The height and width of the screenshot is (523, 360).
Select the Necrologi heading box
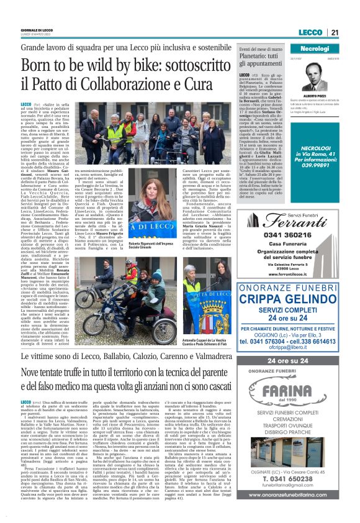[x=315, y=48]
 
